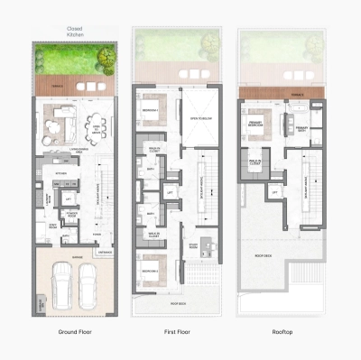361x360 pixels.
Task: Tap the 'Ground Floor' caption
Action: point(76,332)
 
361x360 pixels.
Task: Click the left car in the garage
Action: point(61,285)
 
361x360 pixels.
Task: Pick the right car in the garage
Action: point(89,285)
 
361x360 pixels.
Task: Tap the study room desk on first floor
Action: point(203,243)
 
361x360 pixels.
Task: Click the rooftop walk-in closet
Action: point(255,161)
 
